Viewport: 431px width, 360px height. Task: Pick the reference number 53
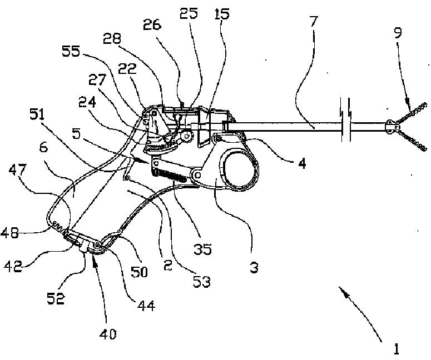pyautogui.click(x=202, y=282)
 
